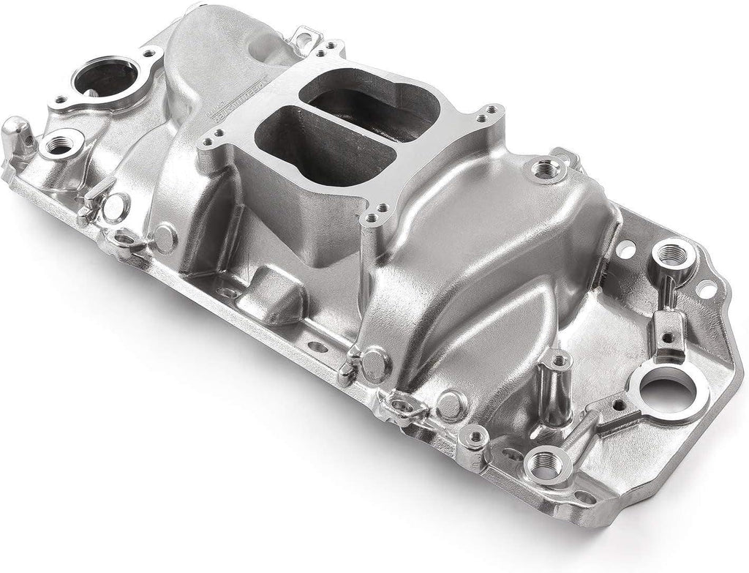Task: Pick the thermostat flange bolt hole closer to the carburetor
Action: [154, 55]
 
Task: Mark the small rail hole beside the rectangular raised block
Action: [313, 345]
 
